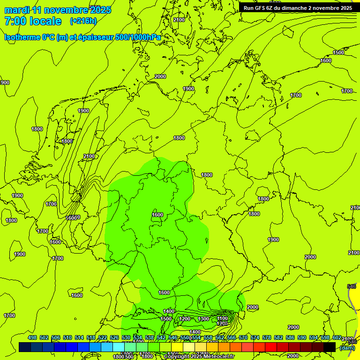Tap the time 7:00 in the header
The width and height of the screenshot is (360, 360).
(15, 21)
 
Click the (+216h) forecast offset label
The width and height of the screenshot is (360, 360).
(83, 21)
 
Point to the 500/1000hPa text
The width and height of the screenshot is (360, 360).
(139, 37)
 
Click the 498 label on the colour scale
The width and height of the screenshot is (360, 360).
(32, 337)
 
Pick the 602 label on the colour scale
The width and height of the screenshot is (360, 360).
(337, 337)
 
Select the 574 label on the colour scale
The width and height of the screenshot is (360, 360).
(255, 337)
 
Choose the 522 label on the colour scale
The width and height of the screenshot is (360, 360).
(102, 337)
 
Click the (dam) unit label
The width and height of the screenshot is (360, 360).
(347, 347)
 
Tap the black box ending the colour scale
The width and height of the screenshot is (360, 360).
(330, 347)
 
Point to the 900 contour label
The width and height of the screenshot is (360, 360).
(5, 82)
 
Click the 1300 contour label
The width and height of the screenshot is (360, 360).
(203, 319)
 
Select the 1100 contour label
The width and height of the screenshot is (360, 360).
(223, 318)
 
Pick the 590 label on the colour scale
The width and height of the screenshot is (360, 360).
(302, 337)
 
